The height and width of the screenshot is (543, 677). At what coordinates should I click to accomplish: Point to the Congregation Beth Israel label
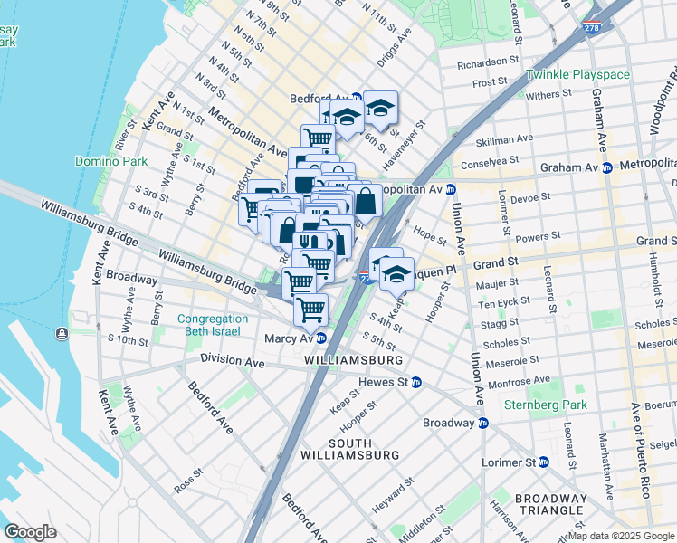[213, 326]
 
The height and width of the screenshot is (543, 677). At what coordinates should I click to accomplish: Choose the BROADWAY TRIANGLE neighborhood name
[550, 505]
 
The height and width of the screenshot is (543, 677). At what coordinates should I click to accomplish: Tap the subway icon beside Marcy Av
[320, 338]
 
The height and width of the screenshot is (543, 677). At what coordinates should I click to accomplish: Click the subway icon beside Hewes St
[416, 383]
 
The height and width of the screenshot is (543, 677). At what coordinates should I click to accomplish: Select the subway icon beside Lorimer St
[544, 462]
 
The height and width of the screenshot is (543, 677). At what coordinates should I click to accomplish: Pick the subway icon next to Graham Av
[607, 167]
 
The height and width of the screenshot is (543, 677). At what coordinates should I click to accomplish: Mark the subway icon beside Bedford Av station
[357, 98]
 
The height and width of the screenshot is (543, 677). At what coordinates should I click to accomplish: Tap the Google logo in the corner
[31, 532]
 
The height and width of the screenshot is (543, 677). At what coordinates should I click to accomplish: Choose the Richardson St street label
[490, 64]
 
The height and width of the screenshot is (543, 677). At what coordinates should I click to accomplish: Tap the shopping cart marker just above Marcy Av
[310, 310]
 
